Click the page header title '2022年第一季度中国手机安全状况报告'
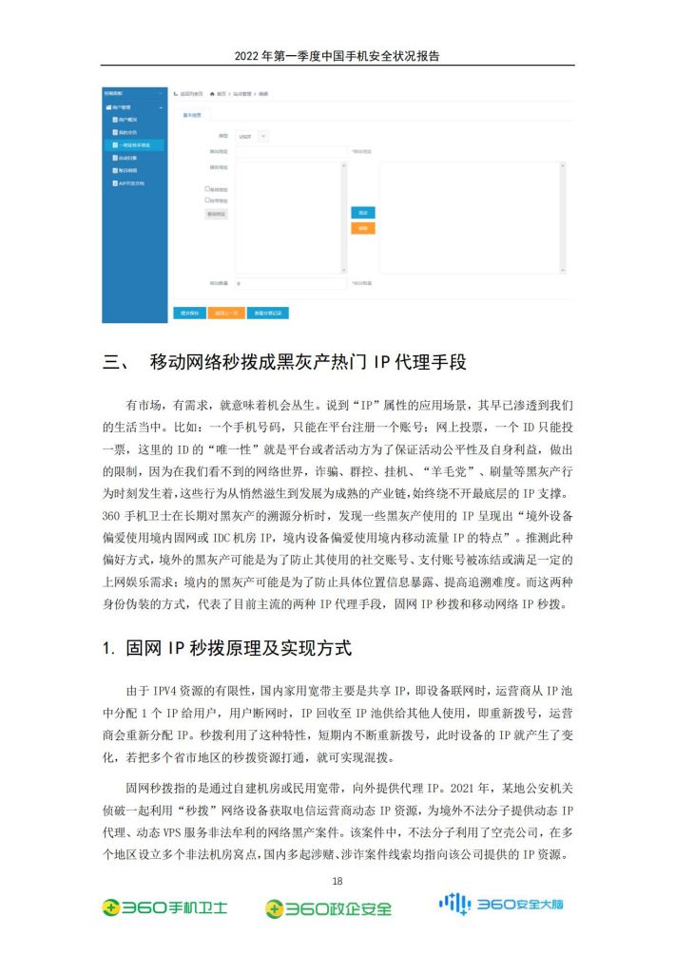[337, 56]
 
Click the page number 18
[337, 880]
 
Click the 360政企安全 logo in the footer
[328, 908]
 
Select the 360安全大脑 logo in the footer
[500, 904]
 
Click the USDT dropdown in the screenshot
[252, 137]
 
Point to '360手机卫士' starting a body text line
[138, 514]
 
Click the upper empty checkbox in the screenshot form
[207, 189]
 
